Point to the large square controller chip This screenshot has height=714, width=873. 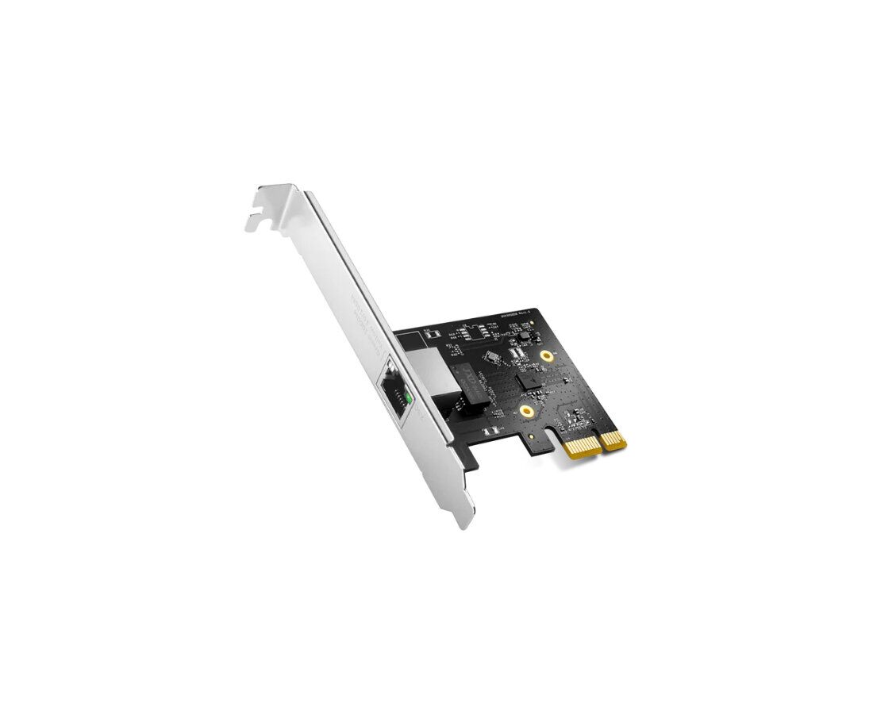527,380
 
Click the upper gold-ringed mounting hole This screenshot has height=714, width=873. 547,356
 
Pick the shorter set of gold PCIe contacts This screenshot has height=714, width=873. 613,440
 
